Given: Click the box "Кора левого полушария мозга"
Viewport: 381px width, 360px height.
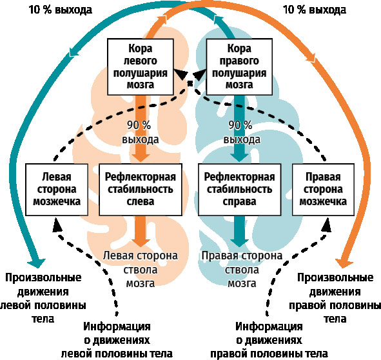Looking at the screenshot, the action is (x=141, y=66).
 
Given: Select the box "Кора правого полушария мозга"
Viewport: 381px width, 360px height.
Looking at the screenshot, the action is (x=239, y=66).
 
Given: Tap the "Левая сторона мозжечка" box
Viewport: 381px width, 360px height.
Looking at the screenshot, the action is (x=57, y=190).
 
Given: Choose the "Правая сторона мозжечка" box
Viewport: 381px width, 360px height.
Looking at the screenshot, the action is (x=323, y=190).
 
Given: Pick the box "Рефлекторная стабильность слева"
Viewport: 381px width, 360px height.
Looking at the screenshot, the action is (x=141, y=190).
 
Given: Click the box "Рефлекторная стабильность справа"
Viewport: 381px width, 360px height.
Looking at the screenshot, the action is (x=240, y=190).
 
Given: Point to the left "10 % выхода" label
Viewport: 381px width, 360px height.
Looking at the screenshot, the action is (x=61, y=10).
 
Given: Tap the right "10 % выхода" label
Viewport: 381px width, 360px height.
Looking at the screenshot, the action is (x=315, y=10).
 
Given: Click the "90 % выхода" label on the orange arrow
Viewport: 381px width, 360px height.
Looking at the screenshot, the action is (x=140, y=132).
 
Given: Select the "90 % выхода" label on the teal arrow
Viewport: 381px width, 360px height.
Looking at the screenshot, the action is (x=242, y=132).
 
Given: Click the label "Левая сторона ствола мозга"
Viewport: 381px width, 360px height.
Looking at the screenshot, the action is (x=140, y=269).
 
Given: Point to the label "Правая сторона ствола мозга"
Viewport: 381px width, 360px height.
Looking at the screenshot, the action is (x=242, y=269).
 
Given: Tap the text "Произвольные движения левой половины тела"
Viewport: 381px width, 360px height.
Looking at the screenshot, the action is (x=43, y=298).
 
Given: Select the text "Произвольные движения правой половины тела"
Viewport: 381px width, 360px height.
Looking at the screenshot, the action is (x=335, y=298).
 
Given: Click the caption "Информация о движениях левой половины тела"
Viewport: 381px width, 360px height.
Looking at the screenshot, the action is (x=117, y=340).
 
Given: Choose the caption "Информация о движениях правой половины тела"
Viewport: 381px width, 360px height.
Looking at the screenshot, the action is (x=269, y=340).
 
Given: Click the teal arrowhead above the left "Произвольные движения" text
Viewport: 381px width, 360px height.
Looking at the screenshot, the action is (x=37, y=263).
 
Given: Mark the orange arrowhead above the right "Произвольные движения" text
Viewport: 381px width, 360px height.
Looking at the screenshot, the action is (x=344, y=263).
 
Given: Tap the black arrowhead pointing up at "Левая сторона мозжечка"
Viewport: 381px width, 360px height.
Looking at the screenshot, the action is (x=57, y=225).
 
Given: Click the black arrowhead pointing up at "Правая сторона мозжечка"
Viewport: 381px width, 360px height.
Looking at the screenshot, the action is (x=326, y=225).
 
